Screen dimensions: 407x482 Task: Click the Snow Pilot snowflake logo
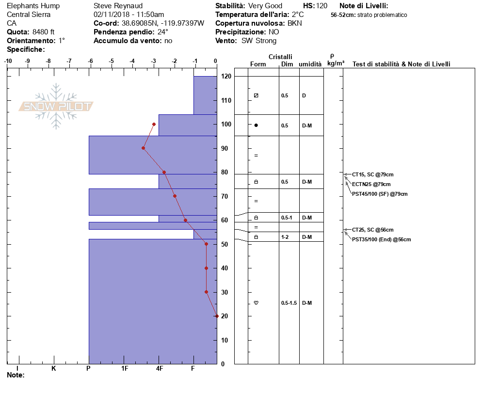click(x=56, y=107)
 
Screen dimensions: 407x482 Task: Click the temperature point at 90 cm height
click(x=144, y=148)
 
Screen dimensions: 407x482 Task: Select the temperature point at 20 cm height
click(x=216, y=316)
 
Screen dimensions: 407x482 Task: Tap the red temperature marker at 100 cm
click(x=154, y=124)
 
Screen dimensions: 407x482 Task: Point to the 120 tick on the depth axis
click(x=225, y=77)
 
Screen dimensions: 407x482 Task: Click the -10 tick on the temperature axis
click(x=8, y=61)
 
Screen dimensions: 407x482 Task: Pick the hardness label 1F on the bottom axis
click(x=125, y=369)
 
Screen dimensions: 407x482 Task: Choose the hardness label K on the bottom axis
click(x=54, y=369)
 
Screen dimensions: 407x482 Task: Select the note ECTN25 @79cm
click(x=371, y=184)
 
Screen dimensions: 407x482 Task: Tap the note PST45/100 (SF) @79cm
click(x=380, y=194)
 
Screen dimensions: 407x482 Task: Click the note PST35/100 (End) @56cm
click(x=381, y=239)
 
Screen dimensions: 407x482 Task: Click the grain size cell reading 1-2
click(x=285, y=237)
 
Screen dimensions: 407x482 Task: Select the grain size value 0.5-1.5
click(x=289, y=303)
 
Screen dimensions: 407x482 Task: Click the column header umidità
click(x=310, y=64)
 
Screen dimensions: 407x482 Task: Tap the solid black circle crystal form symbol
click(x=256, y=125)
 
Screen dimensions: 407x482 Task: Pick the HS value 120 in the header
click(x=321, y=6)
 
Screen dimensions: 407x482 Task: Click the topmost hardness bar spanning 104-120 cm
click(x=205, y=95)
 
